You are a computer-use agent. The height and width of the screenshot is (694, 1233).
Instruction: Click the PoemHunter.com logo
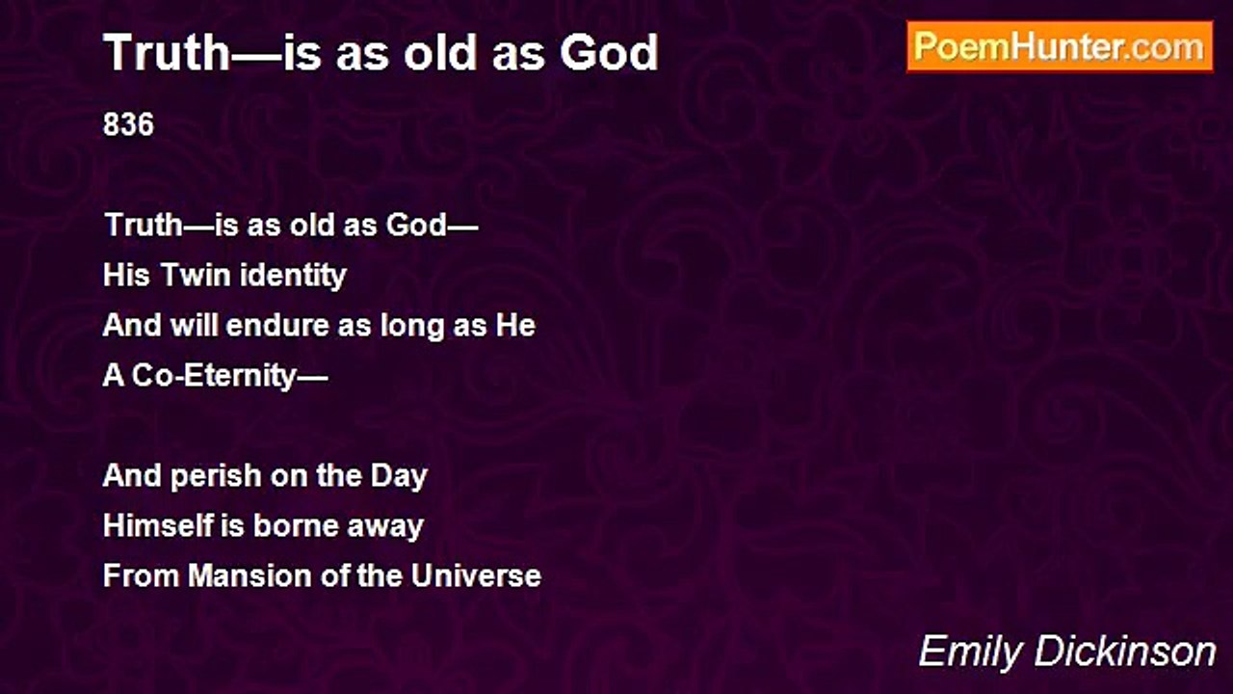(x=1060, y=47)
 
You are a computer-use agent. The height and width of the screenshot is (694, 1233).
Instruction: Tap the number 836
(x=128, y=124)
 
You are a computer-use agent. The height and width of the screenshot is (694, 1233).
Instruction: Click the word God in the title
(x=609, y=53)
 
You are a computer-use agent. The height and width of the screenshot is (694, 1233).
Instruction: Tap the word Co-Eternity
(x=214, y=376)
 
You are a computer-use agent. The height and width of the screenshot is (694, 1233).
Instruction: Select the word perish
(x=215, y=476)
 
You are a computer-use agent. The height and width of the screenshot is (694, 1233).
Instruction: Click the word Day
(x=399, y=476)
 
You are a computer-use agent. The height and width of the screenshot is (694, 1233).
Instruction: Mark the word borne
(x=295, y=525)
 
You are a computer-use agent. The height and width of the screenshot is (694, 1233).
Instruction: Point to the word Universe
(x=476, y=575)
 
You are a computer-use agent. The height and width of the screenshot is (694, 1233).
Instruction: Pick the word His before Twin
(x=126, y=275)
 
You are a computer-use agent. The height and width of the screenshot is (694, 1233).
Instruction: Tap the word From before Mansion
(x=141, y=575)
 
